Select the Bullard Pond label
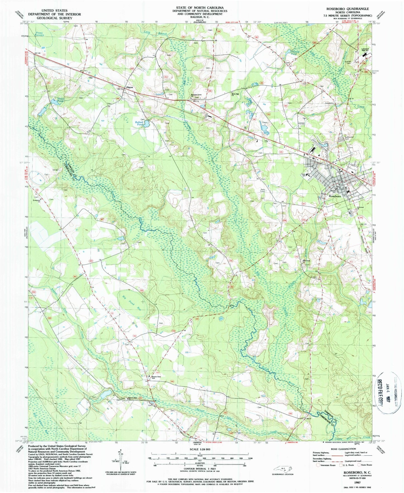click(140, 123)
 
